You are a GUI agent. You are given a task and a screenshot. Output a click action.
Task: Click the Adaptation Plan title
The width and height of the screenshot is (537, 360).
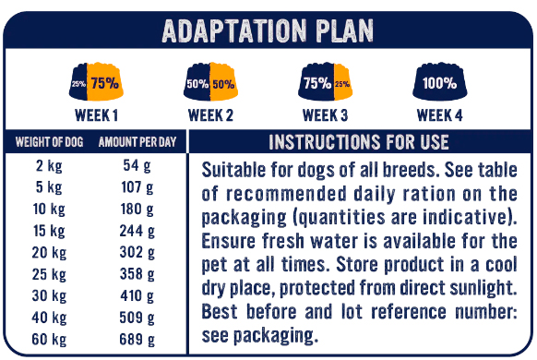pos(268,30)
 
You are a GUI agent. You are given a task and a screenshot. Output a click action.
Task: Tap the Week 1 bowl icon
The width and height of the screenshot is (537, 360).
pos(96,81)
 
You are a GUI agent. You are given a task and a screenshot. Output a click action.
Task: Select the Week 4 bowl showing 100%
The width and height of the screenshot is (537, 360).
pos(440,81)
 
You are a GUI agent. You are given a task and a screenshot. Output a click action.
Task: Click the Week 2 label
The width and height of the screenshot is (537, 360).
pos(210,115)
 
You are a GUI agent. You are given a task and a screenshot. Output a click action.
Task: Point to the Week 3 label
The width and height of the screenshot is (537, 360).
pos(325,115)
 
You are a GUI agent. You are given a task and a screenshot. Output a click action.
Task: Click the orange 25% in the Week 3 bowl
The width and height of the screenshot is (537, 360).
pos(342,84)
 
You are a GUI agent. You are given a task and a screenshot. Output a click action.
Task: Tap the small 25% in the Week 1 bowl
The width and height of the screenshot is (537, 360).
pos(78,84)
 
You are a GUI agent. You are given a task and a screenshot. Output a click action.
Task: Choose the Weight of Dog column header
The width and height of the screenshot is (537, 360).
pos(49,142)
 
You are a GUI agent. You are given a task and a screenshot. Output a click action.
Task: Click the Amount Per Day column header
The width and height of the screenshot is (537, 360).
pos(137,142)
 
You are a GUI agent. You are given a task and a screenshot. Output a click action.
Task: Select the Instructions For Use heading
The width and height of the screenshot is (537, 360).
pos(359,142)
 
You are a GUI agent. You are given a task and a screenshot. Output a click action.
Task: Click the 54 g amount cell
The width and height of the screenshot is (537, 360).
pos(137,166)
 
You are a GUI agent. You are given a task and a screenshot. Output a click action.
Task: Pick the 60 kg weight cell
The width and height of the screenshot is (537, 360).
pos(49,340)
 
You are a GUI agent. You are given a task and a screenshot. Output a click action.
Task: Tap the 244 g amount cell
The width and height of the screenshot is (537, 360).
pos(137,231)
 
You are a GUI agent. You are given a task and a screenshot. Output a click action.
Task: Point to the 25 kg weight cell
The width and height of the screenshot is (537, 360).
pos(49,274)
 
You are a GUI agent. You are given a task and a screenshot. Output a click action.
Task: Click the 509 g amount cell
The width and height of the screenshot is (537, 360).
pos(137,318)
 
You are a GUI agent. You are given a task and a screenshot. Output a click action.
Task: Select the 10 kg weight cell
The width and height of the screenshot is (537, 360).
pos(49,210)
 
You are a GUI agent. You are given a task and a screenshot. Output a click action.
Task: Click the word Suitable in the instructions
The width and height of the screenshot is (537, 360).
pos(233,170)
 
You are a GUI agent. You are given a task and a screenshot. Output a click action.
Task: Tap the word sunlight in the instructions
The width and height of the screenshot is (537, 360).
pos(483,288)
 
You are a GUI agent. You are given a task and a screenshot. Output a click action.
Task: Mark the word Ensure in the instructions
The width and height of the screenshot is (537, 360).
pos(229,241)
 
